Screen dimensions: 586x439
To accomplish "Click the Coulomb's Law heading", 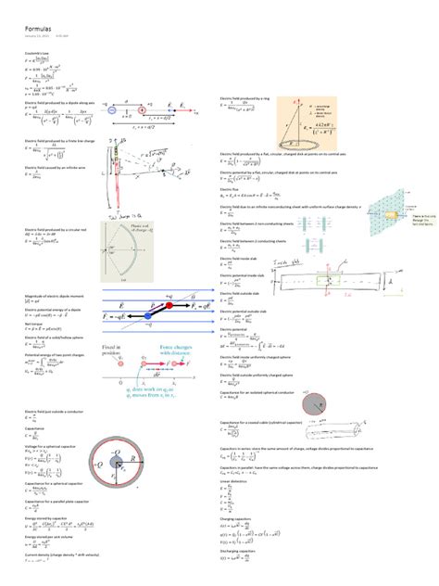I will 36,50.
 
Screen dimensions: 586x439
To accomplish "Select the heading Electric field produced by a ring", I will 249,96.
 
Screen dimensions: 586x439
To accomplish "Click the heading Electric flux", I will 232,186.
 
